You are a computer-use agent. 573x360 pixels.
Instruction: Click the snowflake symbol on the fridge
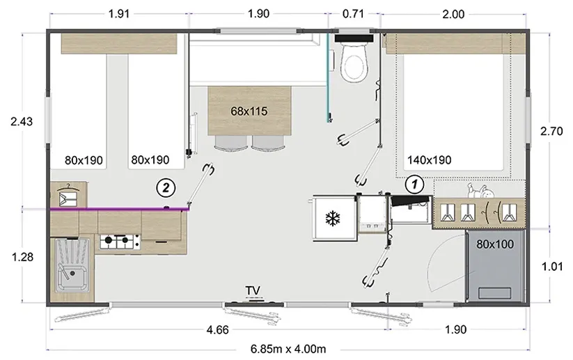point(333,219)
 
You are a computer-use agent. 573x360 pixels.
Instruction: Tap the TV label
point(253,290)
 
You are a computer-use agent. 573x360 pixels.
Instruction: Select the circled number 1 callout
point(414,185)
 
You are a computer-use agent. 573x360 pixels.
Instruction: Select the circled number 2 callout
point(166,188)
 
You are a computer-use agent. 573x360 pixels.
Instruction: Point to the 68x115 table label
point(249,111)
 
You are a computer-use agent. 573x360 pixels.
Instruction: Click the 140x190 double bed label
point(430,160)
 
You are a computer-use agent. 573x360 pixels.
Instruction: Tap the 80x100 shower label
point(495,244)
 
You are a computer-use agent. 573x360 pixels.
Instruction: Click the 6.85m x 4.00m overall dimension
point(288,349)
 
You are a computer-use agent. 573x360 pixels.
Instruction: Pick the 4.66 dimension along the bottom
point(218,330)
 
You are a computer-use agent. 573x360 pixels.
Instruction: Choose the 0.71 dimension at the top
point(354,14)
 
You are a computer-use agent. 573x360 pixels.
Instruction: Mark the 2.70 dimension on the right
point(551,131)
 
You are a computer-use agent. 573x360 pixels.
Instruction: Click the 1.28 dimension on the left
point(23,257)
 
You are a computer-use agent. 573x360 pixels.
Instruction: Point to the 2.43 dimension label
point(22,121)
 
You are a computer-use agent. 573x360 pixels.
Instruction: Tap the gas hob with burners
point(120,241)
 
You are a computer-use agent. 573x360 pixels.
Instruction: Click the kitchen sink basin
point(72,265)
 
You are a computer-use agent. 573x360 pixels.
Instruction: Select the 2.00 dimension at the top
point(453,14)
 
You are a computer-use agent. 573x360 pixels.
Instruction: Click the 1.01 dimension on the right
point(552,267)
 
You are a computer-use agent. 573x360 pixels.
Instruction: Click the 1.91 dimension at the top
point(119,14)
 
